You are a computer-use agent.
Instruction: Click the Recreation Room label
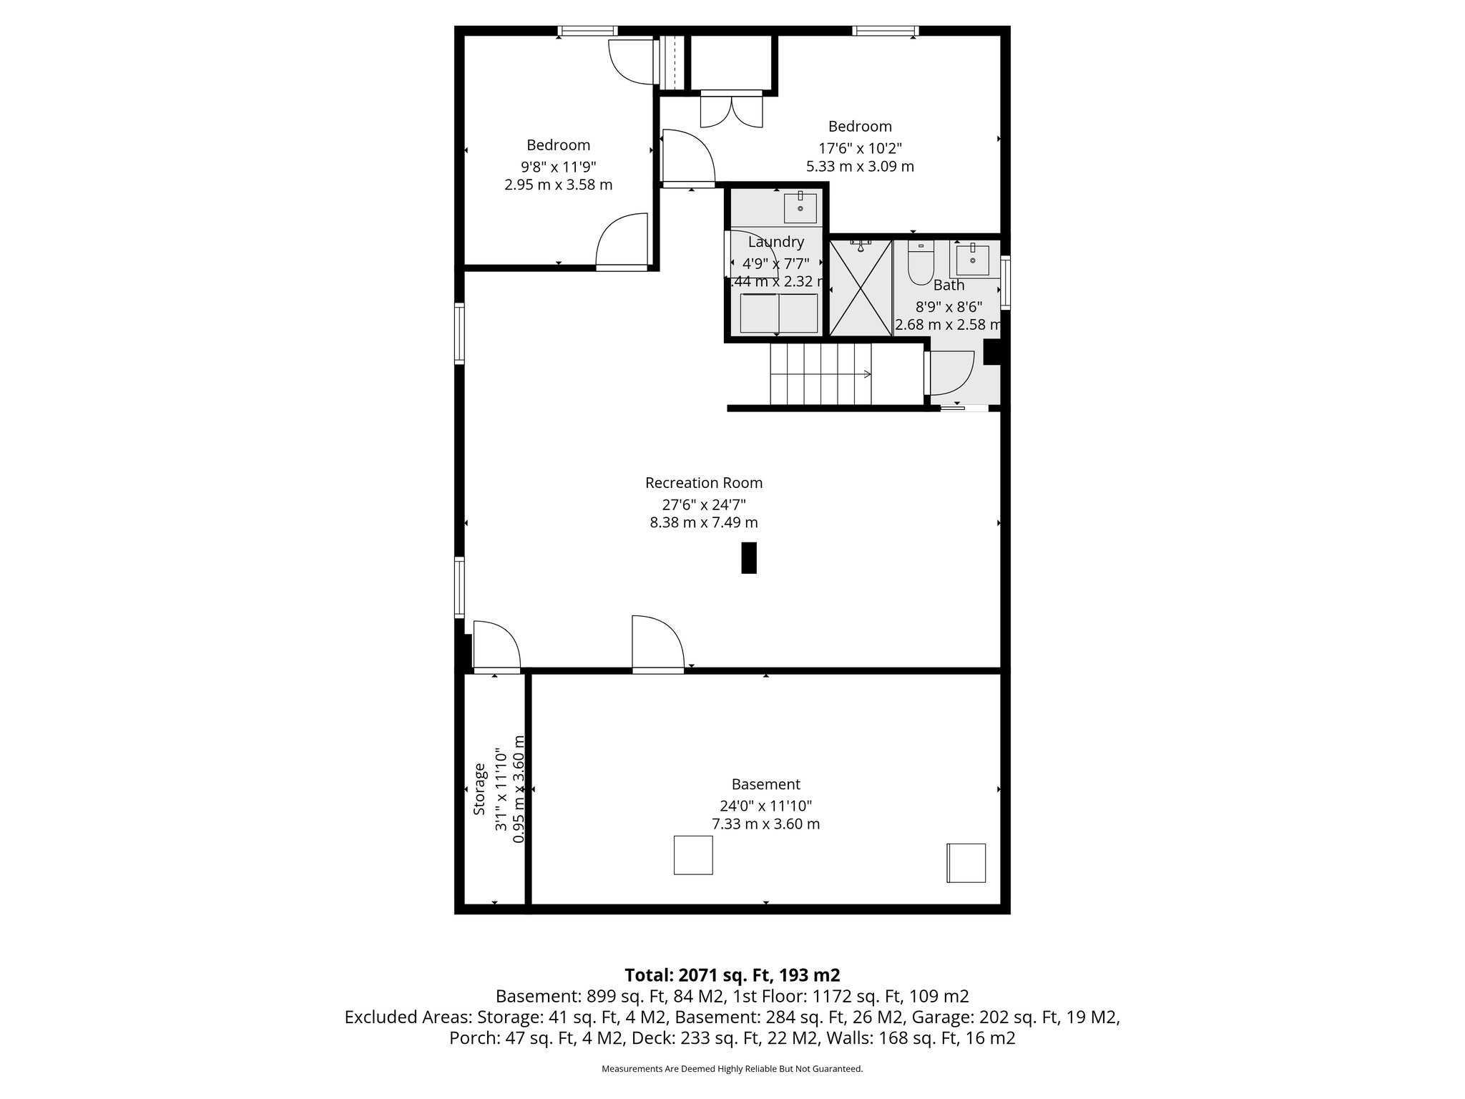(703, 483)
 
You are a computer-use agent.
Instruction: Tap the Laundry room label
(775, 242)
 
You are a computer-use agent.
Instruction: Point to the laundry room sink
(800, 208)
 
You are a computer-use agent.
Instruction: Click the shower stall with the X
(861, 288)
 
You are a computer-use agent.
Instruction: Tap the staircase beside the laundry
(821, 373)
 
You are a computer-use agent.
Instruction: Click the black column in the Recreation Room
(748, 558)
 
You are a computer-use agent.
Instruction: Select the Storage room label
(480, 789)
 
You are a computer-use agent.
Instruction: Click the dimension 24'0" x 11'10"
(765, 804)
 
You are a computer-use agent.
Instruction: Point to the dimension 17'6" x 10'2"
(860, 148)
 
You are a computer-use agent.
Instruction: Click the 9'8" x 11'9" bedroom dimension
(558, 167)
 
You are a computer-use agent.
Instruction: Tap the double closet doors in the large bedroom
(731, 110)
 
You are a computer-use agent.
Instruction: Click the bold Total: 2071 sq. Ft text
(732, 975)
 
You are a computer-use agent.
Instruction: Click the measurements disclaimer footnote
(732, 1069)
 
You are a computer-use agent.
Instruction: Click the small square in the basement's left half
(692, 855)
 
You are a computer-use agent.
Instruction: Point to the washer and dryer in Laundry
(778, 313)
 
